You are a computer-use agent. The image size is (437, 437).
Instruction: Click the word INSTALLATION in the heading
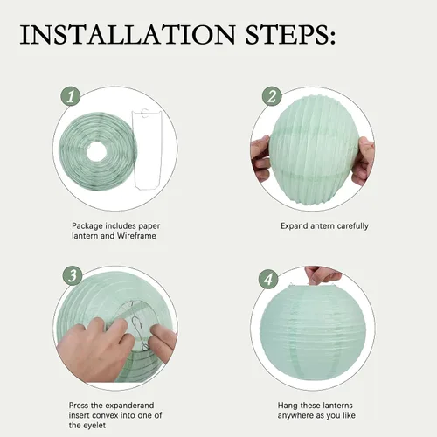pyautogui.click(x=128, y=35)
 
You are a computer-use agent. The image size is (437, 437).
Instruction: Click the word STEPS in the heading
pyautogui.click(x=287, y=35)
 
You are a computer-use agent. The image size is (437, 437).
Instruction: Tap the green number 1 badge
pyautogui.click(x=71, y=96)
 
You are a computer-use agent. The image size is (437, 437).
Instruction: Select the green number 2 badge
pyautogui.click(x=272, y=96)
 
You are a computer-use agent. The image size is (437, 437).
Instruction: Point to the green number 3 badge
pyautogui.click(x=73, y=275)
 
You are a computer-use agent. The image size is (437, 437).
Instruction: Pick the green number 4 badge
pyautogui.click(x=268, y=279)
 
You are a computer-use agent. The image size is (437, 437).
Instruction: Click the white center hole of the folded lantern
pyautogui.click(x=97, y=151)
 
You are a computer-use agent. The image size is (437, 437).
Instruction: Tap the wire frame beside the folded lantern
pyautogui.click(x=148, y=149)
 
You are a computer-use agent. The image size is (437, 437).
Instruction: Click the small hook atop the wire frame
pyautogui.click(x=144, y=113)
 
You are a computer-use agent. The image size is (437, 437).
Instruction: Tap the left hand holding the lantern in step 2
pyautogui.click(x=260, y=158)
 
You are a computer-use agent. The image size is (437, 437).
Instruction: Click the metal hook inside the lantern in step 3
pyautogui.click(x=140, y=333)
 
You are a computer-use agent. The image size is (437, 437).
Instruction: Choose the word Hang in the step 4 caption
pyautogui.click(x=288, y=406)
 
